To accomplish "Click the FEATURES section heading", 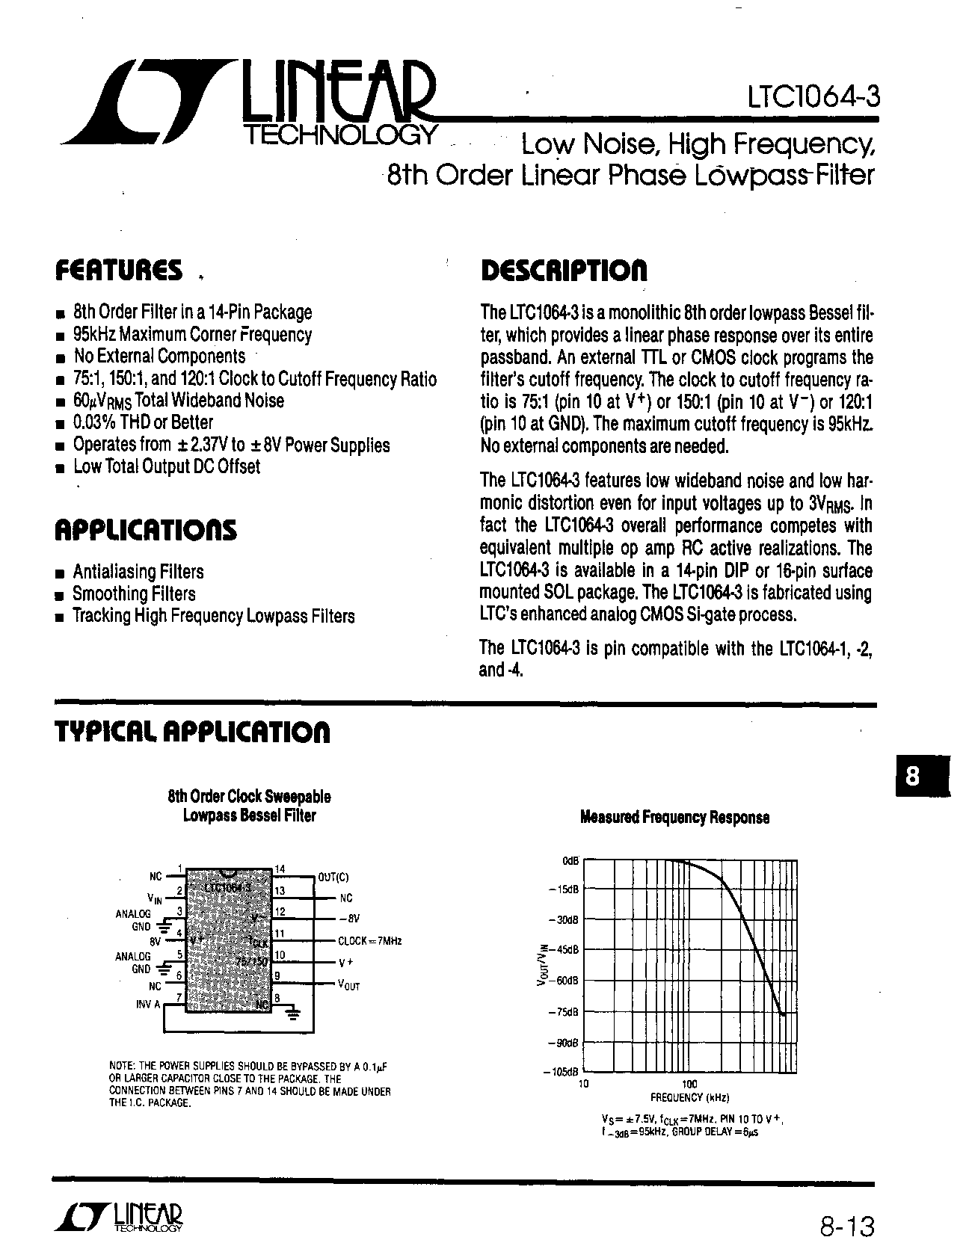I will point(119,271).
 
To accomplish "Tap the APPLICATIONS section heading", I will point(146,530).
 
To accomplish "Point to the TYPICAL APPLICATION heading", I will point(192,732).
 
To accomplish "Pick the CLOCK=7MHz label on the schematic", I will point(369,941).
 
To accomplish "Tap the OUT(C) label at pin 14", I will point(333,877).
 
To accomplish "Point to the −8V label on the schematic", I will point(348,919).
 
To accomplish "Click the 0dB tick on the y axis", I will point(570,861).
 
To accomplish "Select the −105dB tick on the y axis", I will point(565,1073).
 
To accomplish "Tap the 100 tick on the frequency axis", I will point(689,1084).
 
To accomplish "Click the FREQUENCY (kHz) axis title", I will point(689,1097).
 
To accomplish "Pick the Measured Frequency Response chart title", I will point(674,818).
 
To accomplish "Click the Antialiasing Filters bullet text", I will point(138,572).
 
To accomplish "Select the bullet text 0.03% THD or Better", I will point(143,422).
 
